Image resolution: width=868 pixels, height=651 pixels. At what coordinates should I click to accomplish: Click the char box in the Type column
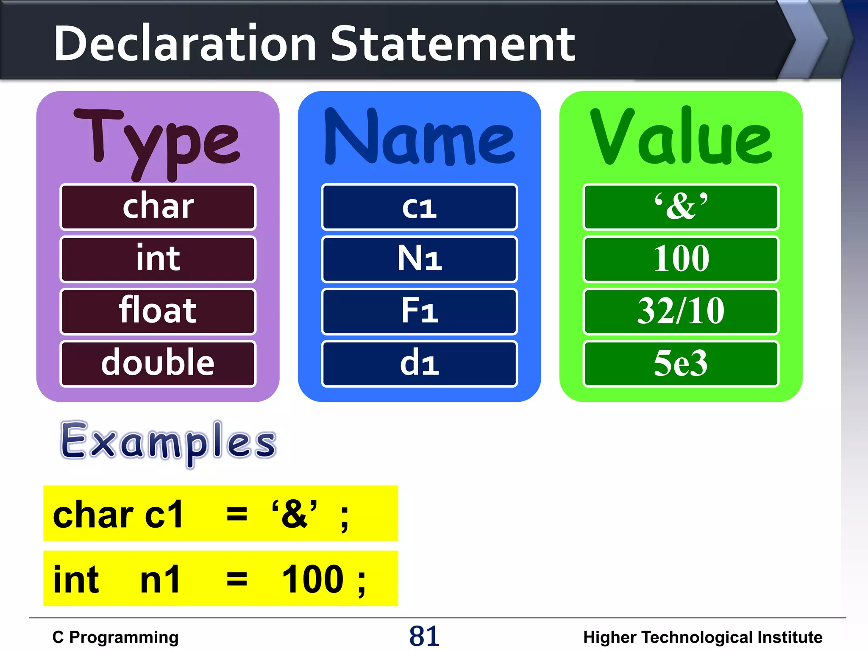[x=158, y=207]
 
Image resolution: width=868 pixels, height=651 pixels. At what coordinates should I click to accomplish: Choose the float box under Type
[x=158, y=311]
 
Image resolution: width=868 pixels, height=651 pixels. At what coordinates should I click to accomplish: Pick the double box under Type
[x=158, y=364]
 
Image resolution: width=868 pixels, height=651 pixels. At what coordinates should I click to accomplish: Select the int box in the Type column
[x=158, y=259]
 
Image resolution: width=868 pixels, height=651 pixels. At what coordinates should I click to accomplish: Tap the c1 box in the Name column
[x=419, y=207]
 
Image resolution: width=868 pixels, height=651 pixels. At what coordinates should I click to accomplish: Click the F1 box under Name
[x=419, y=311]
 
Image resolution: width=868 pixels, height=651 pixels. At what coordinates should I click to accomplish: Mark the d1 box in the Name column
[x=419, y=364]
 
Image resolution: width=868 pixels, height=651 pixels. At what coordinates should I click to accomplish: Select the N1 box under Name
[x=419, y=259]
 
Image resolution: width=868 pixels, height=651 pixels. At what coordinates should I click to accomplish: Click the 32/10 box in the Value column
[x=681, y=311]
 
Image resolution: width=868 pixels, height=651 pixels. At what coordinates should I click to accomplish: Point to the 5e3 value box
[x=681, y=364]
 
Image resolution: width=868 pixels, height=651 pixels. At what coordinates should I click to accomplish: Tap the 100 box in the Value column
[x=681, y=259]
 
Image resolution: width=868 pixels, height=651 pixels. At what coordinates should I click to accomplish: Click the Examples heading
[x=168, y=442]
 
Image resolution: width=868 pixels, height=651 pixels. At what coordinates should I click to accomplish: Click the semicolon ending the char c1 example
[x=345, y=518]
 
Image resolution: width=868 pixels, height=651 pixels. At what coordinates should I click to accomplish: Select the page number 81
[x=424, y=636]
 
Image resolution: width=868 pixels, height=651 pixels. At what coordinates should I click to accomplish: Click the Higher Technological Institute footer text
[x=702, y=637]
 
